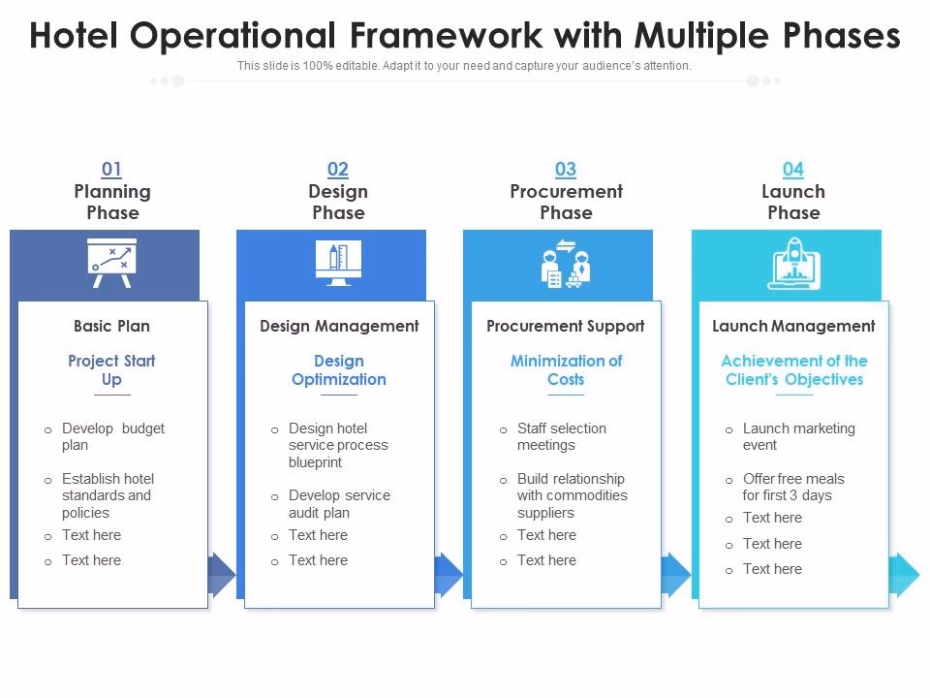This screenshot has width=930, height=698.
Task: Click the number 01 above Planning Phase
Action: point(112,170)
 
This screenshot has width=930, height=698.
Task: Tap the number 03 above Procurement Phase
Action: point(566,170)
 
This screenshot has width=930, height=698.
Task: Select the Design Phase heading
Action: point(338,202)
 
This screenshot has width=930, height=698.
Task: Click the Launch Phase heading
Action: point(793,202)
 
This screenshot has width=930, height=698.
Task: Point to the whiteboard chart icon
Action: point(112,263)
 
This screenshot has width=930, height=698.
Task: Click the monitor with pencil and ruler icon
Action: point(338,263)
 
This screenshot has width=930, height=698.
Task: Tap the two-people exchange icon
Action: point(566,263)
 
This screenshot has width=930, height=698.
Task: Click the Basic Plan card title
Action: point(112,326)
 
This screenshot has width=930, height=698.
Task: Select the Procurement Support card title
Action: point(566,326)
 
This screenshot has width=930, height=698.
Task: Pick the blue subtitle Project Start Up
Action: point(112,369)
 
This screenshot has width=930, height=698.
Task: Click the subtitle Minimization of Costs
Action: point(566,369)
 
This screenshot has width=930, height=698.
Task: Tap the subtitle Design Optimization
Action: point(339,369)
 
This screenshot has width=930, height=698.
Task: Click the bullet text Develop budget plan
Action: point(112,436)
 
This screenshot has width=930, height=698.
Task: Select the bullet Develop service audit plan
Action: point(339,503)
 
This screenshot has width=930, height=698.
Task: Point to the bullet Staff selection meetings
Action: point(561,436)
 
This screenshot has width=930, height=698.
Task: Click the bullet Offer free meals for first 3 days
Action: point(792,487)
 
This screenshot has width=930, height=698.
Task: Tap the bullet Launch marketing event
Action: point(798,436)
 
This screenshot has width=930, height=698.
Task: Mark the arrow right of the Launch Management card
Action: point(906,574)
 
